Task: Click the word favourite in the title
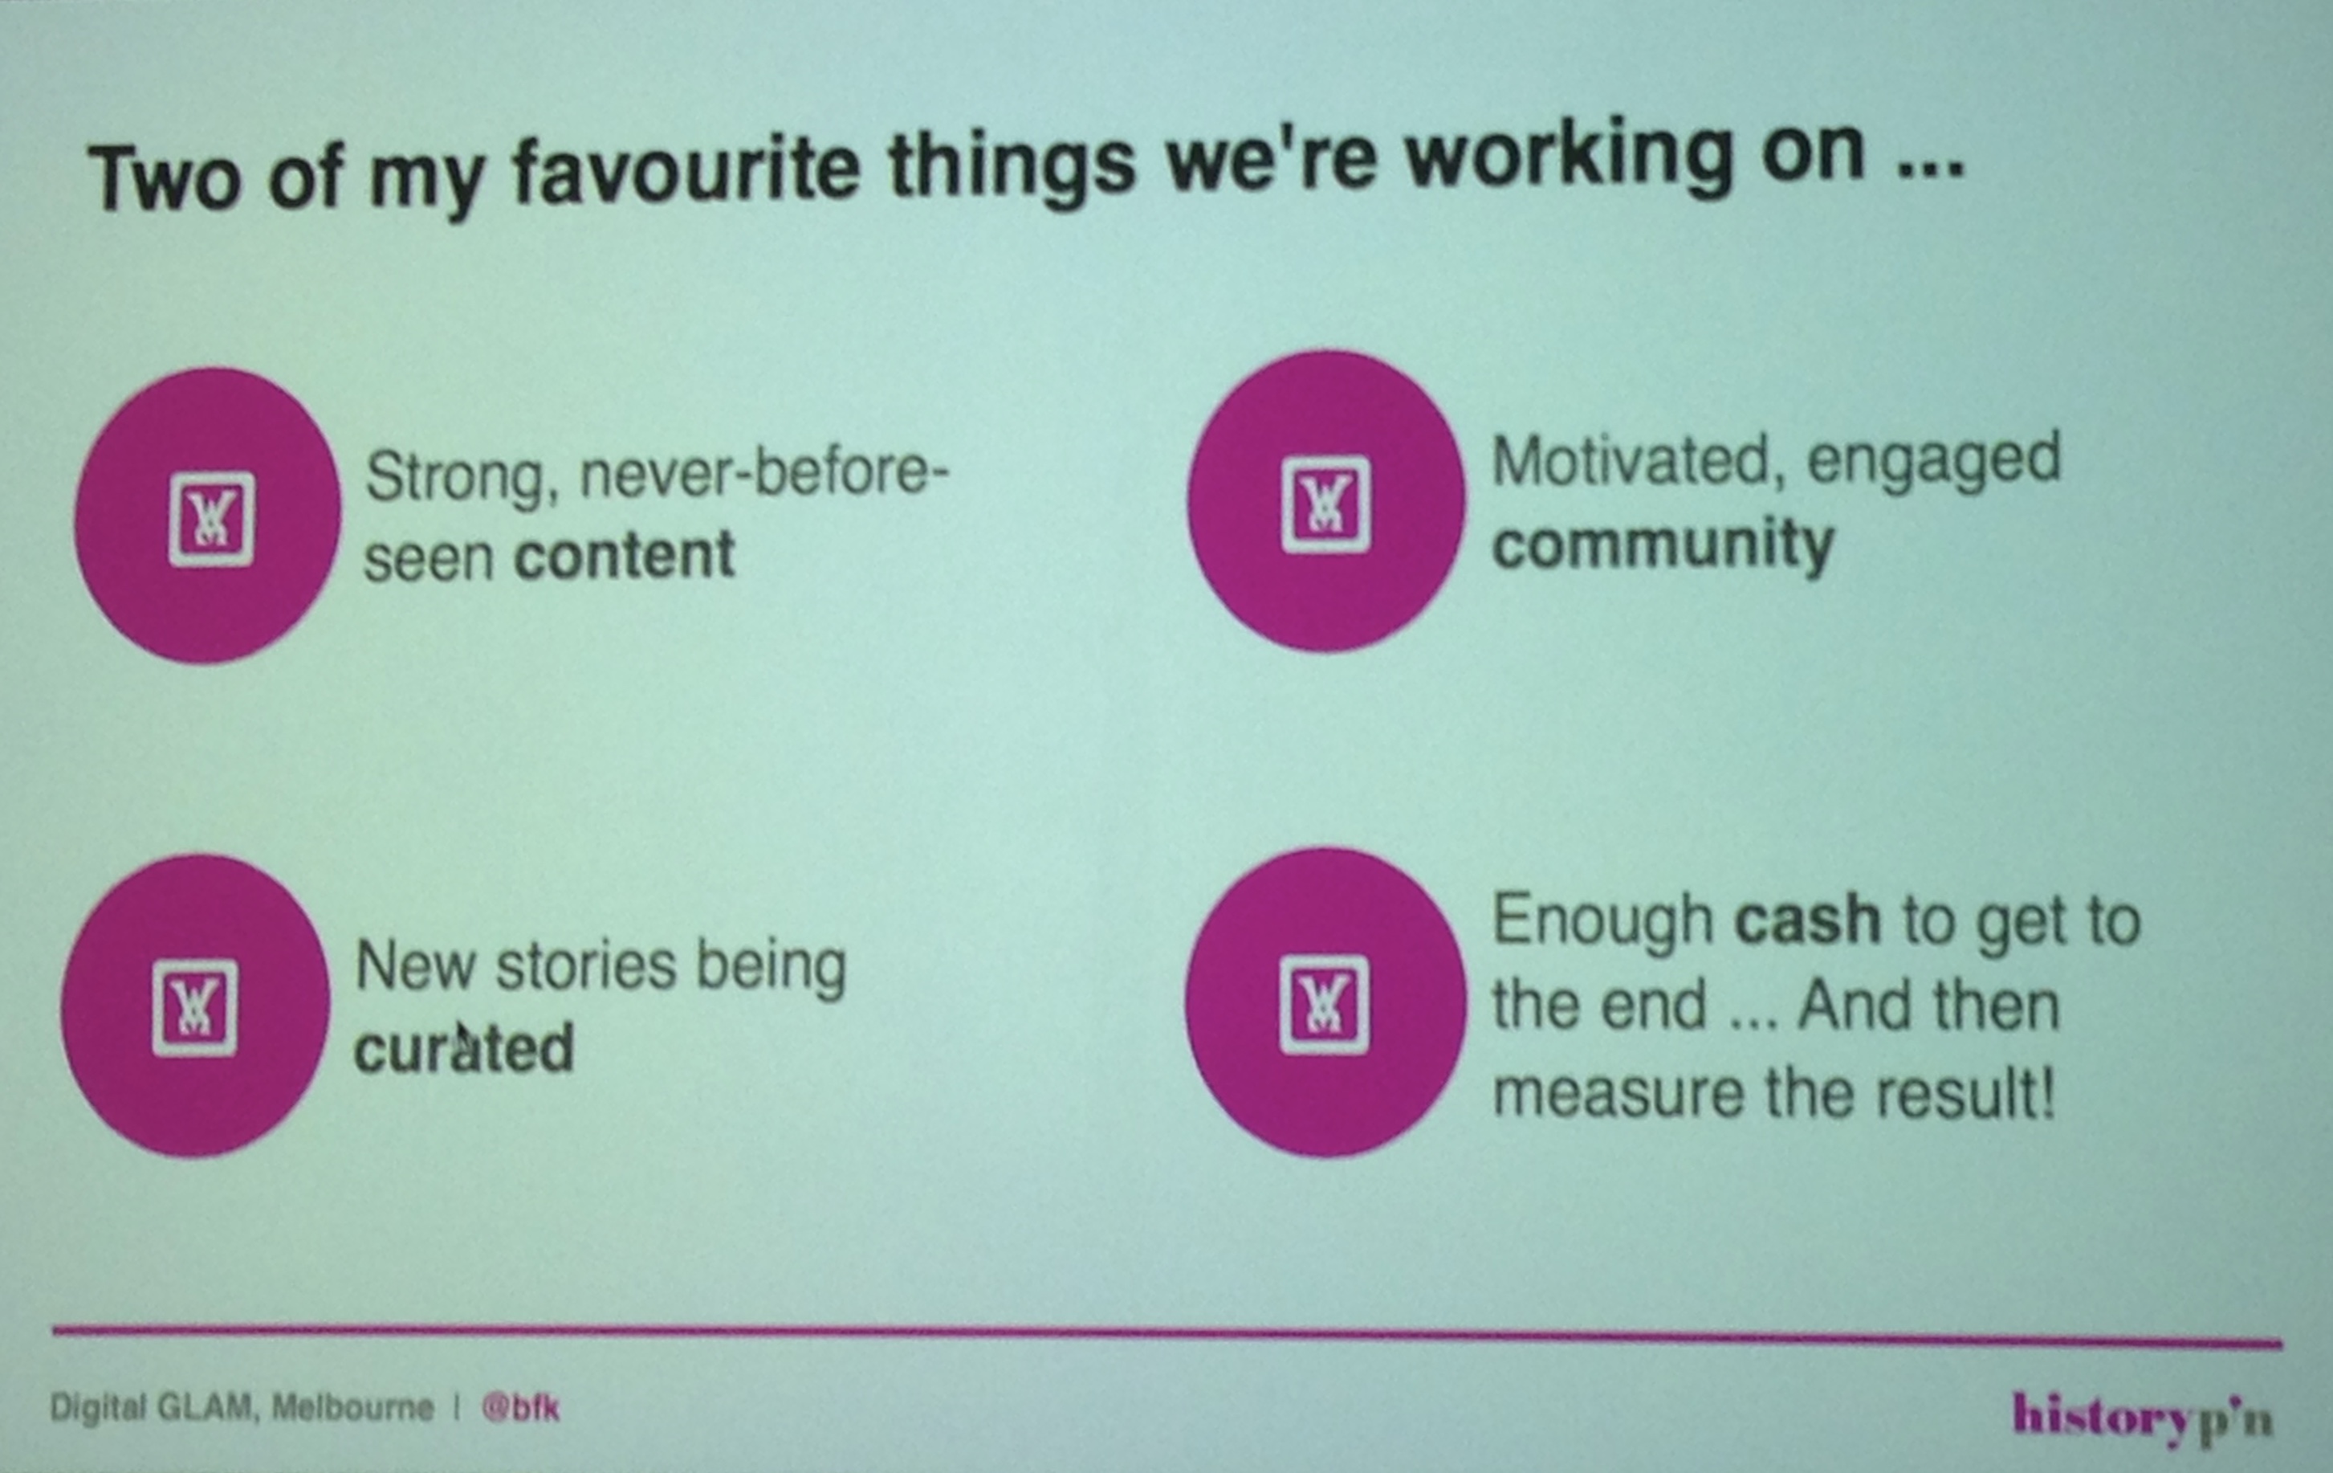pyautogui.click(x=686, y=173)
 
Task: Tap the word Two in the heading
pyautogui.click(x=164, y=179)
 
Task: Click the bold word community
pyautogui.click(x=1663, y=544)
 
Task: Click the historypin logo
pyautogui.click(x=2141, y=1418)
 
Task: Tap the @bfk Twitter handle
pyautogui.click(x=520, y=1407)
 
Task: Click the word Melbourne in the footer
pyautogui.click(x=352, y=1407)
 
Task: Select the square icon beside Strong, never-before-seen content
pyautogui.click(x=211, y=519)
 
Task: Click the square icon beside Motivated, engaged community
pyautogui.click(x=1325, y=504)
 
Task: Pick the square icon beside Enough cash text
pyautogui.click(x=1324, y=1004)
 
